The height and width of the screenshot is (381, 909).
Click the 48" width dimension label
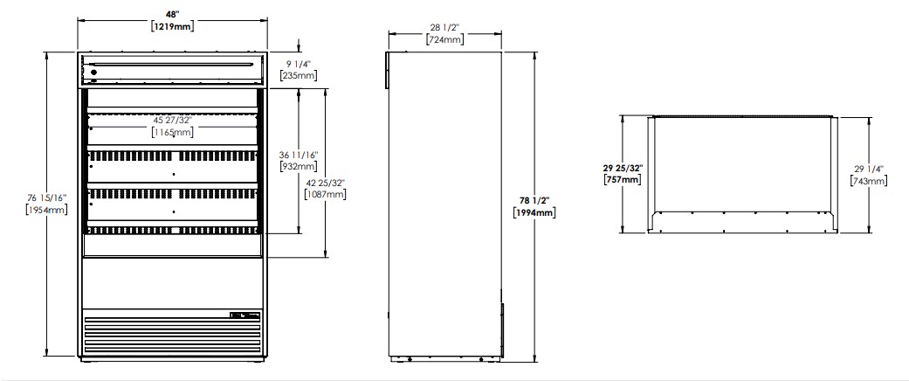172,14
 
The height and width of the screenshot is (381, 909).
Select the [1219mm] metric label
172,26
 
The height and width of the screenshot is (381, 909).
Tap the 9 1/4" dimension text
298,65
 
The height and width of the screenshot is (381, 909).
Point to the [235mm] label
298,75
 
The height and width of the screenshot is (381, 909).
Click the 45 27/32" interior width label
172,121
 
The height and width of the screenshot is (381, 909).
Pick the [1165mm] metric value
172,132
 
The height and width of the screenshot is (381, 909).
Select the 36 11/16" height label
298,156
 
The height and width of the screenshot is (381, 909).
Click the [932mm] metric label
298,167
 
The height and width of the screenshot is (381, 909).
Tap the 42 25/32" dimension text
325,182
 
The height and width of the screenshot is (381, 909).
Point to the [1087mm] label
325,194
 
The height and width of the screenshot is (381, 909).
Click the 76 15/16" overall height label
46,197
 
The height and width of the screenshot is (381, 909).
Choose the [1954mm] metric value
46,210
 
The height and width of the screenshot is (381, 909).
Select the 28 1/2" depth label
445,28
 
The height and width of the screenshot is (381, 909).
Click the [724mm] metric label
445,39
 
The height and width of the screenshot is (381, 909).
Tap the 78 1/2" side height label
534,201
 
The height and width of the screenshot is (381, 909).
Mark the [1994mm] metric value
534,213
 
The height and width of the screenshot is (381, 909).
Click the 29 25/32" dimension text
623,168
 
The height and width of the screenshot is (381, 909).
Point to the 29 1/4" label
868,170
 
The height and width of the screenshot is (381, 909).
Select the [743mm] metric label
868,182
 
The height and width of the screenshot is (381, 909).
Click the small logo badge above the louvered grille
245,315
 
